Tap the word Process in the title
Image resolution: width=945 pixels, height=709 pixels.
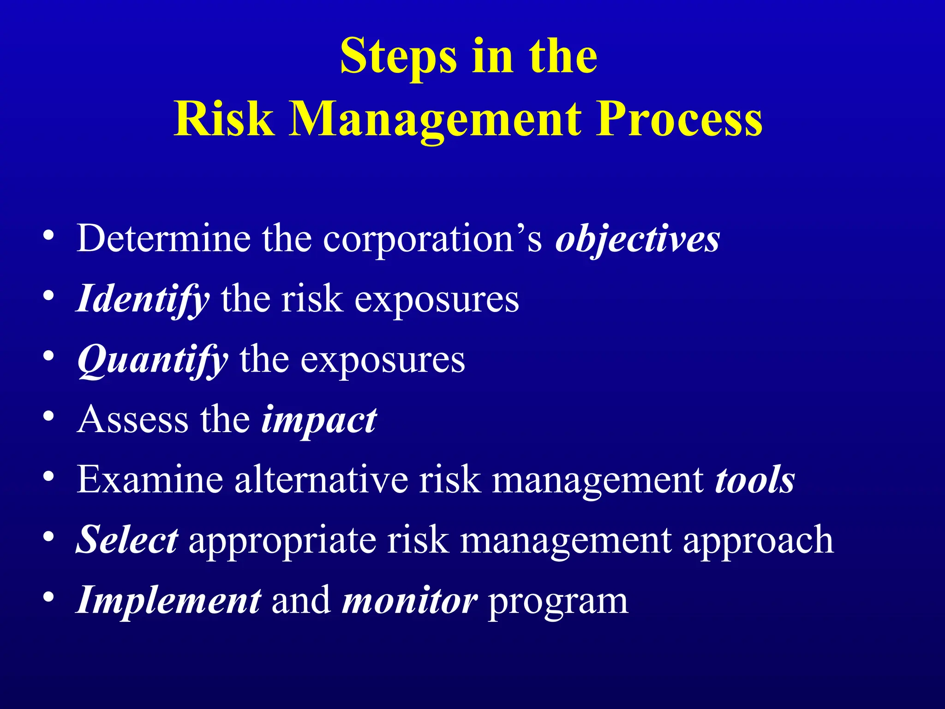(x=679, y=119)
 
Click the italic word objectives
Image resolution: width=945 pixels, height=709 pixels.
(x=637, y=239)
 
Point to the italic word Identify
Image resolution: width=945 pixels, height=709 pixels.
(x=143, y=299)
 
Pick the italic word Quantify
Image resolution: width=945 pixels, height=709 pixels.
(x=153, y=360)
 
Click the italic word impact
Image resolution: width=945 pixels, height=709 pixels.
(x=319, y=420)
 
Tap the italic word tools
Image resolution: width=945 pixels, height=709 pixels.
(x=755, y=480)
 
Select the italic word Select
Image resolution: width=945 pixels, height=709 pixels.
(x=127, y=540)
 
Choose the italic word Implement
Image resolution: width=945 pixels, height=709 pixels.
(x=168, y=600)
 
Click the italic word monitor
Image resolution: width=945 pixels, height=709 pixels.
(x=409, y=601)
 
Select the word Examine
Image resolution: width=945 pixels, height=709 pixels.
(x=150, y=480)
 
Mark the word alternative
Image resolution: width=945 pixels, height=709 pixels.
(x=321, y=480)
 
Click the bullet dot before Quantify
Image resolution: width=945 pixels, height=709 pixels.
(x=48, y=356)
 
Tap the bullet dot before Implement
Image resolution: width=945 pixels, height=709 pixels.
(x=48, y=597)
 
